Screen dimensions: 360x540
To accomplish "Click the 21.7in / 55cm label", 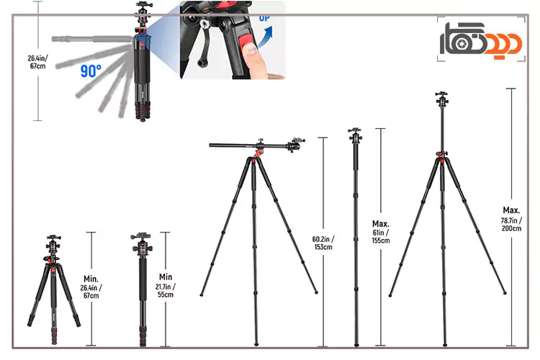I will [x=166, y=286].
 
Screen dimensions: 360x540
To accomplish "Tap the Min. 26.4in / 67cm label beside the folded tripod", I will [x=91, y=287].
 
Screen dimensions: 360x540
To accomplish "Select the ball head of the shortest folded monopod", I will [x=138, y=241].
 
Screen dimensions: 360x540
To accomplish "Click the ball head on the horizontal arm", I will [x=298, y=144].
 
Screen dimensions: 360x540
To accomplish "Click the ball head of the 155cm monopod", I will [x=355, y=135].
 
